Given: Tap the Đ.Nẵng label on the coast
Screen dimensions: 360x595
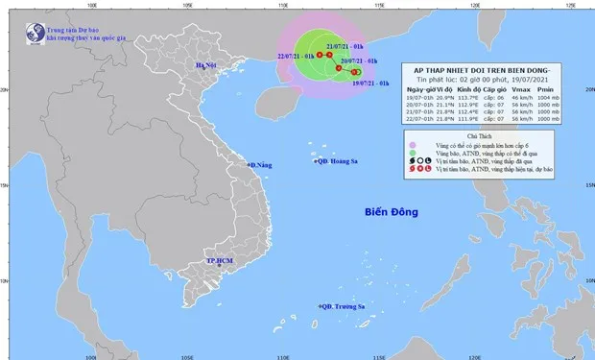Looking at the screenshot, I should point(262,166).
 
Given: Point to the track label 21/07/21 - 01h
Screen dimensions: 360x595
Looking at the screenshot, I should point(345,46).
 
